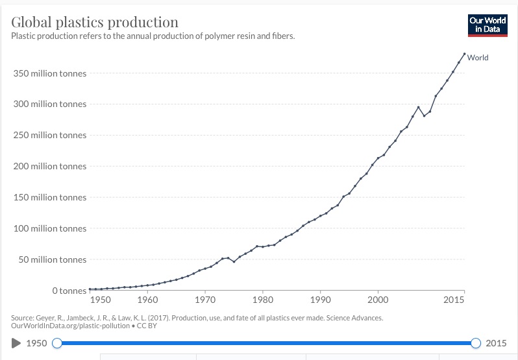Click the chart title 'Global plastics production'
click(x=95, y=23)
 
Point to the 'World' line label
click(x=478, y=58)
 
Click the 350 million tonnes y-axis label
click(x=49, y=73)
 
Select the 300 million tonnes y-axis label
click(x=49, y=104)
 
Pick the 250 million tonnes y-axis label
click(x=49, y=135)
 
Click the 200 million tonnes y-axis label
click(x=49, y=166)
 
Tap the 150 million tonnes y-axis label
click(x=49, y=197)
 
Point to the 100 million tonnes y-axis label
click(x=49, y=228)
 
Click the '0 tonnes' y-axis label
click(x=69, y=291)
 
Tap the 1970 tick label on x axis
click(x=205, y=301)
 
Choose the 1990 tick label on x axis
click(x=321, y=301)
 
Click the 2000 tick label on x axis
click(x=378, y=301)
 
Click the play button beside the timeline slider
click(x=16, y=343)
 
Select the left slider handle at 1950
click(x=57, y=343)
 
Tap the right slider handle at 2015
click(x=476, y=343)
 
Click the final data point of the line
click(x=464, y=54)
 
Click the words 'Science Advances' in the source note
click(x=354, y=318)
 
